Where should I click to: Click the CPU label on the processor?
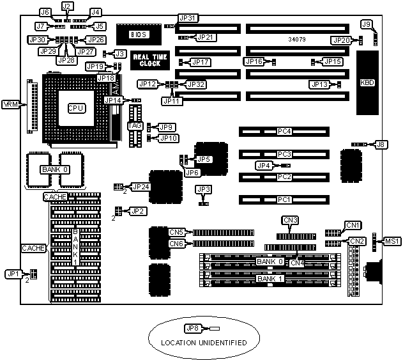(x=75, y=107)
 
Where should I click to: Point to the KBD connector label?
(x=367, y=83)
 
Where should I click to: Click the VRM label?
(x=11, y=104)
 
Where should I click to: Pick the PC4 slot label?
(x=284, y=132)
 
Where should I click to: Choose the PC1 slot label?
(x=284, y=200)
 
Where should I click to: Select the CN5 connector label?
(x=177, y=232)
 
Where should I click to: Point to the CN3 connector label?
(x=291, y=221)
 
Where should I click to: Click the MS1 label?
(x=391, y=241)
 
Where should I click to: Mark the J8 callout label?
(x=381, y=145)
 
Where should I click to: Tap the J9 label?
(x=366, y=24)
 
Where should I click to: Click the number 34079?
(x=297, y=39)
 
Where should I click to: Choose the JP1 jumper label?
(x=12, y=273)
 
